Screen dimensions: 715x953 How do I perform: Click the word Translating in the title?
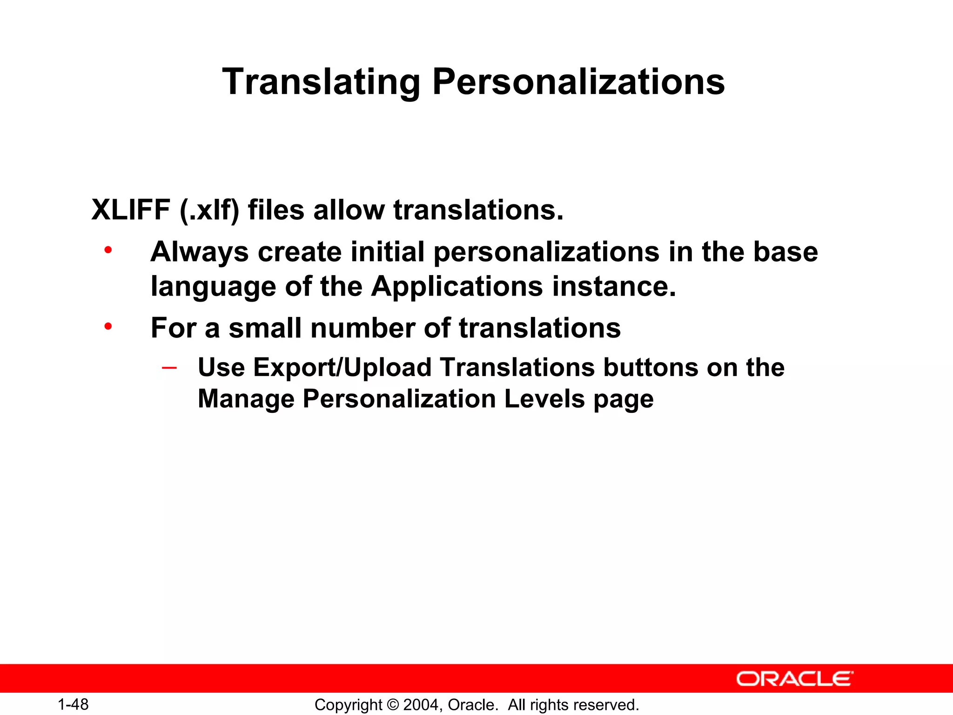pos(321,82)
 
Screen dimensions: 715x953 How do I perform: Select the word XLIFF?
pos(131,210)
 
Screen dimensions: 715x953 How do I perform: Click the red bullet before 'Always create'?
pos(108,250)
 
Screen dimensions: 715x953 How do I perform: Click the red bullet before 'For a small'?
pos(108,327)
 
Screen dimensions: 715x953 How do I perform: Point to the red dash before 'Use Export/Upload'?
pos(169,368)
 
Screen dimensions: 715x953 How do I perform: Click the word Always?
pos(200,253)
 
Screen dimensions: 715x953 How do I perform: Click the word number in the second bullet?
pos(362,328)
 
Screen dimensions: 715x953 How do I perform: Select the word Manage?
pos(246,399)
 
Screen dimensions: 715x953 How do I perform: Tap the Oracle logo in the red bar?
pos(794,679)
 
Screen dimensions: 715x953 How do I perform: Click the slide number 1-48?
pos(73,704)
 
